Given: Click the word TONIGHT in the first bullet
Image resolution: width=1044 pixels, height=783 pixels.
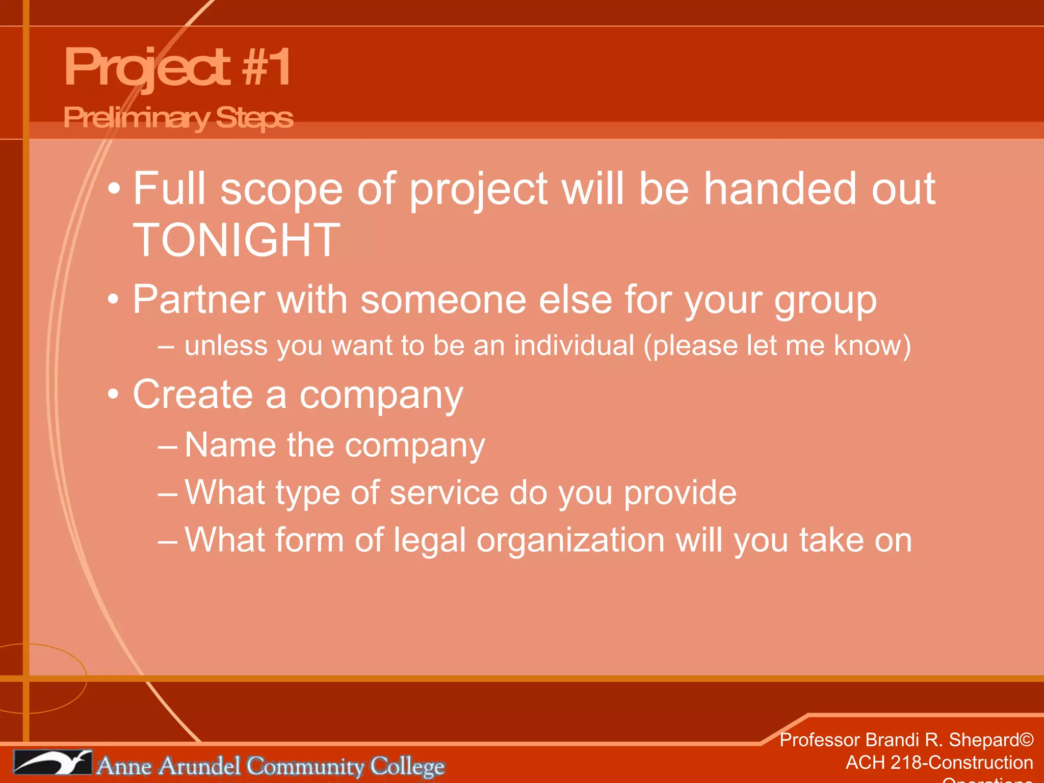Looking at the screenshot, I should coord(236,240).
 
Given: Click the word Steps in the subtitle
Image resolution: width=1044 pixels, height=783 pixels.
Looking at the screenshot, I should coord(254,118).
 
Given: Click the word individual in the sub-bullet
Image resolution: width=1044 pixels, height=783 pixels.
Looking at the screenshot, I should coord(574,346).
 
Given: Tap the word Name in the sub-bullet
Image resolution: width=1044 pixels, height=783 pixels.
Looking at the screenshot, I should coord(230,445).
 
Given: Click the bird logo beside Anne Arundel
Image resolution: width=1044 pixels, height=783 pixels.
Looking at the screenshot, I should coord(53,763).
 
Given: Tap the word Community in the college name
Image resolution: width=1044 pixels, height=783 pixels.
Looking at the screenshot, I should coord(305,766).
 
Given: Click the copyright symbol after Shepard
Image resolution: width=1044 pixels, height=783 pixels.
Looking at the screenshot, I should coord(1027,740).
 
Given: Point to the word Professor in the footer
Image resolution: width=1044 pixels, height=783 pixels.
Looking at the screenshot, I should coord(820,740).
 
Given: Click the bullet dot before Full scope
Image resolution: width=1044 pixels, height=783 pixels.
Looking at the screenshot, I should coord(114,190).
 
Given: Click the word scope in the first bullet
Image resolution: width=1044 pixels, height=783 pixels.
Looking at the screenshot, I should coord(281,190).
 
